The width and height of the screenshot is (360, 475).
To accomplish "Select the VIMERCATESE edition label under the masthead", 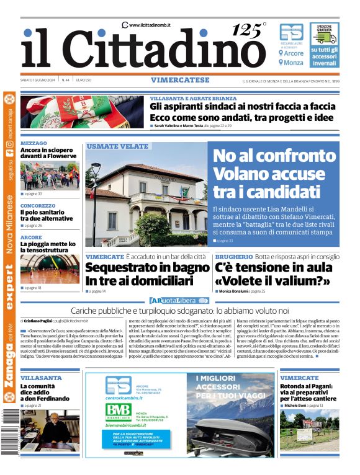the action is click(181, 80).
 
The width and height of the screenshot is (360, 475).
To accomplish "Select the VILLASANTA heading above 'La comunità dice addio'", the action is click(41, 378).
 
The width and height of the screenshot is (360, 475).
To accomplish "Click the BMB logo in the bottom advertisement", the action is click(118, 409).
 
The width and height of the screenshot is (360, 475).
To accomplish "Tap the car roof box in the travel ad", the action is click(230, 430).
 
